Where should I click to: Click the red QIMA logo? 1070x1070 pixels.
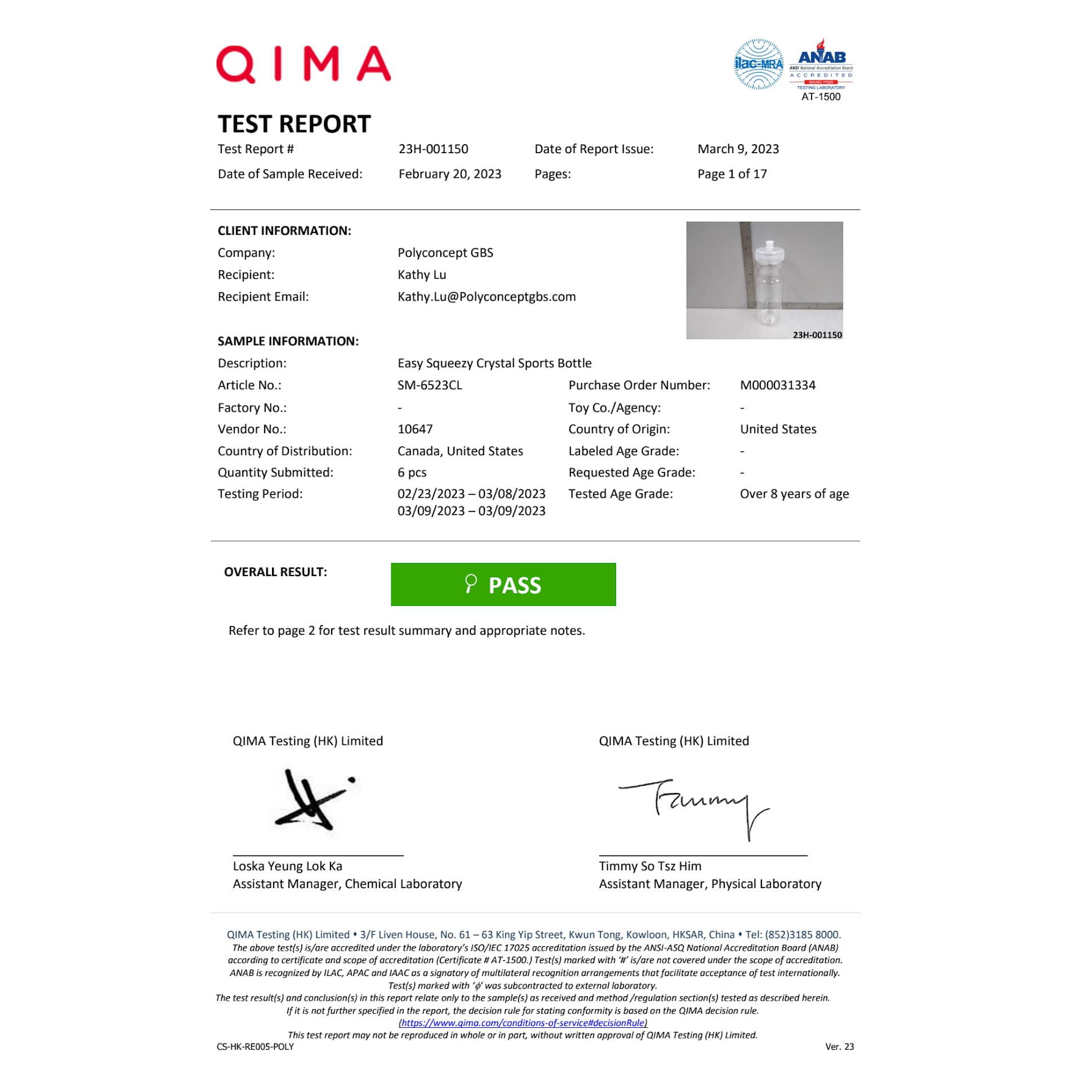pos(303,64)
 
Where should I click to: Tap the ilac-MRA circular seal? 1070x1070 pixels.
pos(758,64)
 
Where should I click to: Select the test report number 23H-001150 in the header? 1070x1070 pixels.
pos(433,149)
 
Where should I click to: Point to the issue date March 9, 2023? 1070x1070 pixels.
pos(738,149)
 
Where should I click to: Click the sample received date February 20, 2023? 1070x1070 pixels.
pos(449,174)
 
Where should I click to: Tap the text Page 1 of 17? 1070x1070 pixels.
pos(732,174)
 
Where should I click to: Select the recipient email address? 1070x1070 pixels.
pos(486,297)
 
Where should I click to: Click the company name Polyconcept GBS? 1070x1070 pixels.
pos(445,253)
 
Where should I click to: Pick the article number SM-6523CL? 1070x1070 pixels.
pos(429,385)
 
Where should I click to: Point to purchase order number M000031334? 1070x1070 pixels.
pos(777,385)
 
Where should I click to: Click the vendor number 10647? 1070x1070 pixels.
pos(414,429)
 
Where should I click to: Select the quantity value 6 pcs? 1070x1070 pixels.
pos(412,472)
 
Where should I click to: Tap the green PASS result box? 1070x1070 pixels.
pos(503,585)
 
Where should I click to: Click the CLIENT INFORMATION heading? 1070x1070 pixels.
pos(284,231)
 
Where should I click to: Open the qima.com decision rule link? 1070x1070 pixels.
pos(522,1023)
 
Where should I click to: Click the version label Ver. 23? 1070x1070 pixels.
pos(839,1047)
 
